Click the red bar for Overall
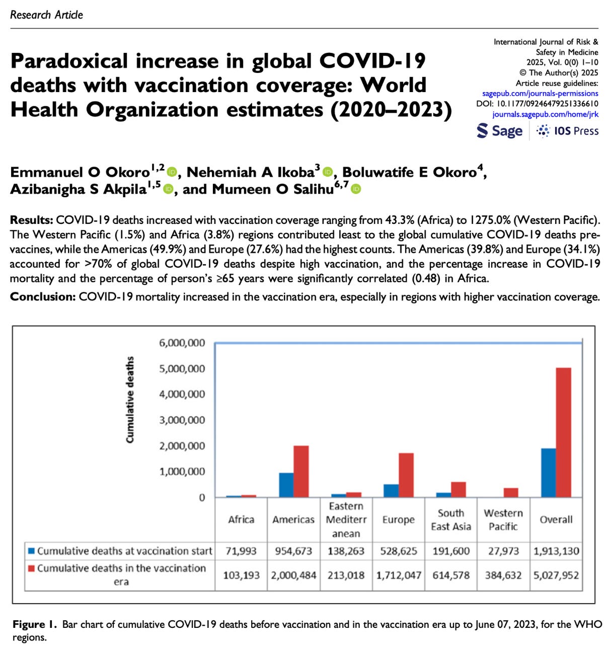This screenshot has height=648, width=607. coord(564,433)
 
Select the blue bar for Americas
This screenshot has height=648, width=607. coord(286,485)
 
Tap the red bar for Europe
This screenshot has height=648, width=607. coord(406,475)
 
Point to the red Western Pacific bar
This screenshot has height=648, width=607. coord(511,493)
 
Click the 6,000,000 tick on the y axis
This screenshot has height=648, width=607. coord(182,343)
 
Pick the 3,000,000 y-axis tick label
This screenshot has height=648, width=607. coord(182,420)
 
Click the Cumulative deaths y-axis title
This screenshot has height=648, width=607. coord(130,400)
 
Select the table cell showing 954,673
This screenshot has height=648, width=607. coord(293,551)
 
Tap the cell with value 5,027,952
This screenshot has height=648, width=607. coord(556,575)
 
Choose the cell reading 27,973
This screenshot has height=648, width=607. coord(503,551)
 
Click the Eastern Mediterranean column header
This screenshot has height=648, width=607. coord(346,520)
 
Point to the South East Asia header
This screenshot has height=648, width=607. coord(451,520)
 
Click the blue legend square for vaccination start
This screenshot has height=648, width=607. coord(31,551)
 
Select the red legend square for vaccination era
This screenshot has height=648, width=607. coord(31,569)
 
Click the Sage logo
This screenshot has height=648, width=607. coord(500,131)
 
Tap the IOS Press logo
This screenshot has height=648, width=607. coord(568,131)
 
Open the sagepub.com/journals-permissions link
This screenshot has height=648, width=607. coord(540,93)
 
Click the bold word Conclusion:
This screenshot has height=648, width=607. coord(43,297)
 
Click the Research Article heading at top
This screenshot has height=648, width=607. coord(46,15)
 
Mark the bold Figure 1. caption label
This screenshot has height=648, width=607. coord(35,625)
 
